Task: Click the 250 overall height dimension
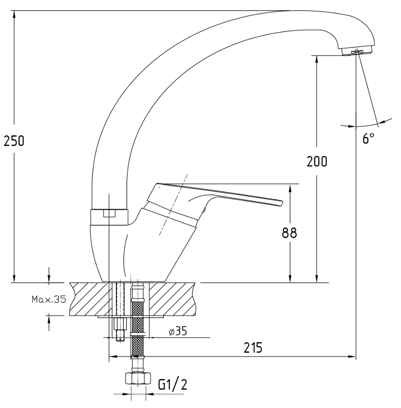pos(14,141)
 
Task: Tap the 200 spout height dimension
pos(317,162)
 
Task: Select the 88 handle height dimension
pos(289,233)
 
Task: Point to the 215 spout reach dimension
pos(253,347)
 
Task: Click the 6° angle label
pos(369,138)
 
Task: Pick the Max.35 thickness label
pos(49,299)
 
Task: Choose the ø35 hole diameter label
pos(178,331)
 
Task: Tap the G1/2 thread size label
pos(173,384)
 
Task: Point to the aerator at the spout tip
pos(357,51)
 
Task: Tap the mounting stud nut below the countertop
pos(120,323)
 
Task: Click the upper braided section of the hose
pos(138,315)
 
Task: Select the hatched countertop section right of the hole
pos(172,299)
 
